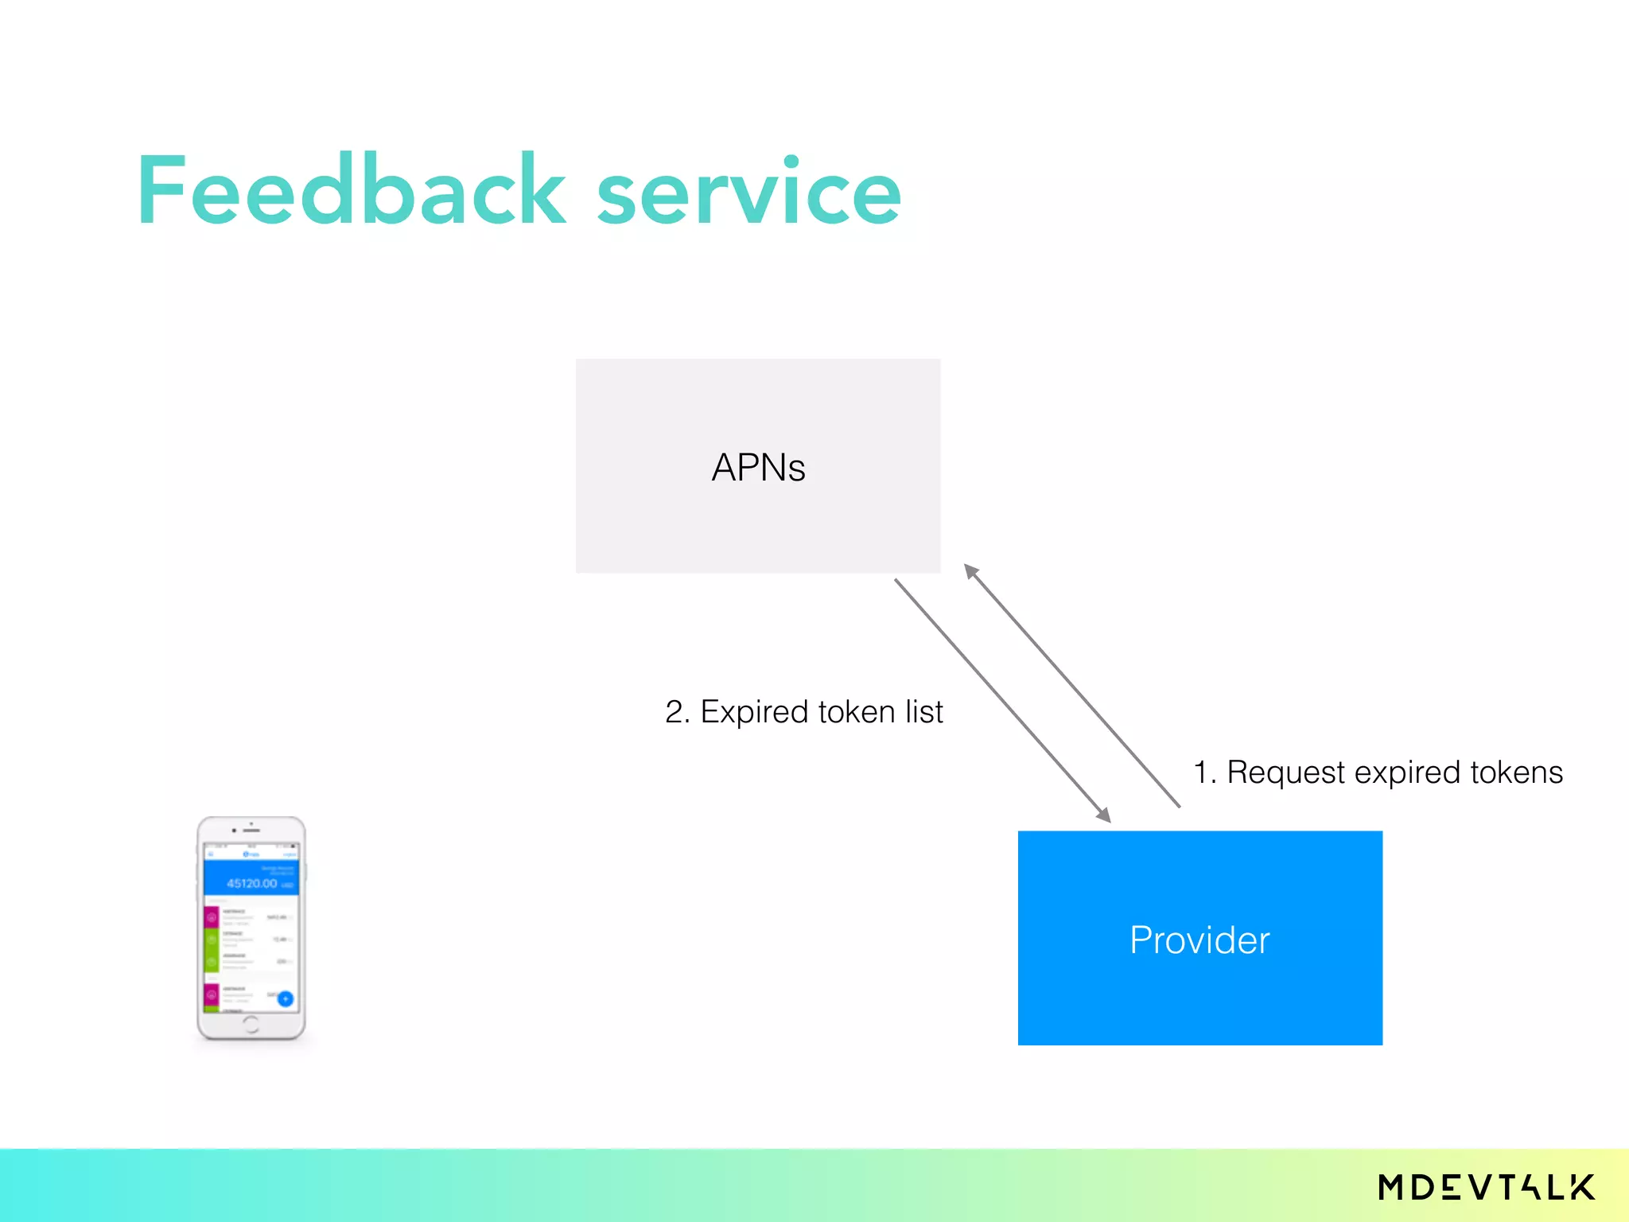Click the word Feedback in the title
350,191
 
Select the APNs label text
758,467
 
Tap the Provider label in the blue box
1199,940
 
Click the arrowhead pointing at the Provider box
1102,814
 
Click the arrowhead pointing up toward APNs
971,571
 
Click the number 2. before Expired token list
677,711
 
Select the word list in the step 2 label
923,711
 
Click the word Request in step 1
1285,772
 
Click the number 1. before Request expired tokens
1204,772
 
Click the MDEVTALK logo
1486,1187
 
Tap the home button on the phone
251,1024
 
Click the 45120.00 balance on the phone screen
251,883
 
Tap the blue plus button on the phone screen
286,998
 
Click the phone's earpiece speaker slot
251,831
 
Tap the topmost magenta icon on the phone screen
212,917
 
